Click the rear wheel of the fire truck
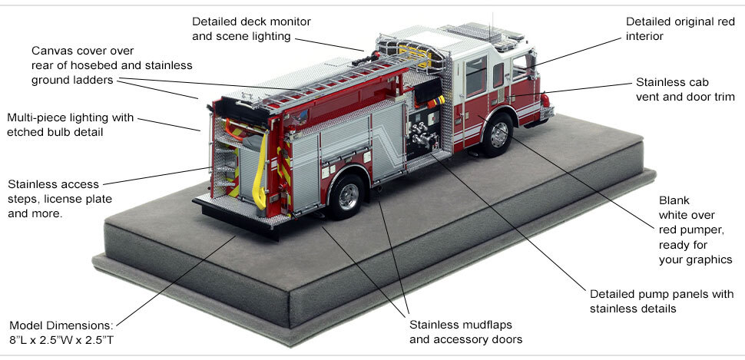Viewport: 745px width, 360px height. (346, 196)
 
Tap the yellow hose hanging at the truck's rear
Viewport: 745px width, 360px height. (266, 173)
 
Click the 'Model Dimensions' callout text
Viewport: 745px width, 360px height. (62, 325)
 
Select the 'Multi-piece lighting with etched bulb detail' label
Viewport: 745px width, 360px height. (70, 125)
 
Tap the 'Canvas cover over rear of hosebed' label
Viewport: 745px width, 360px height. (112, 65)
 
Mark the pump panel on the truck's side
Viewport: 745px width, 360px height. (420, 134)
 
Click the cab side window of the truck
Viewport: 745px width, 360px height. (475, 76)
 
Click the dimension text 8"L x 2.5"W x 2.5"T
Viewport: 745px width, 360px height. (62, 339)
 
